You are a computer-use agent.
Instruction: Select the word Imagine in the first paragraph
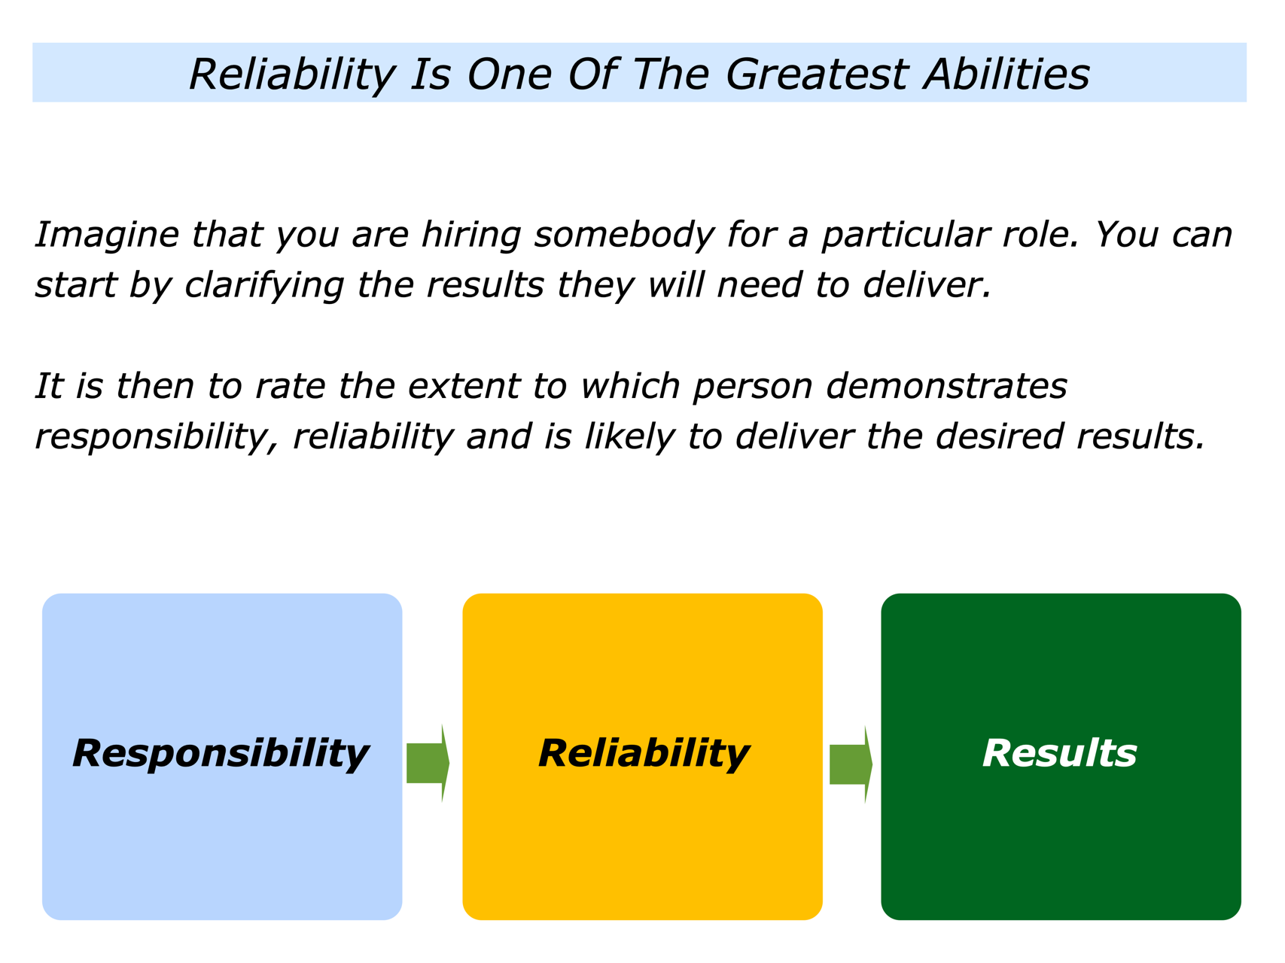point(107,235)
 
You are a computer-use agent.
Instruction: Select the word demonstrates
point(946,386)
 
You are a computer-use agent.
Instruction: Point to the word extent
point(464,386)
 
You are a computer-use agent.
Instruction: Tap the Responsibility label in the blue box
point(221,754)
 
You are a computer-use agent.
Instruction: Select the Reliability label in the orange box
point(644,754)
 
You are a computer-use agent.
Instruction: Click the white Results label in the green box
point(1060,753)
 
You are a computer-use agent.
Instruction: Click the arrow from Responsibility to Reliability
point(428,764)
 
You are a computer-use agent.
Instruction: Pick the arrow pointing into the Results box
point(851,764)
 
